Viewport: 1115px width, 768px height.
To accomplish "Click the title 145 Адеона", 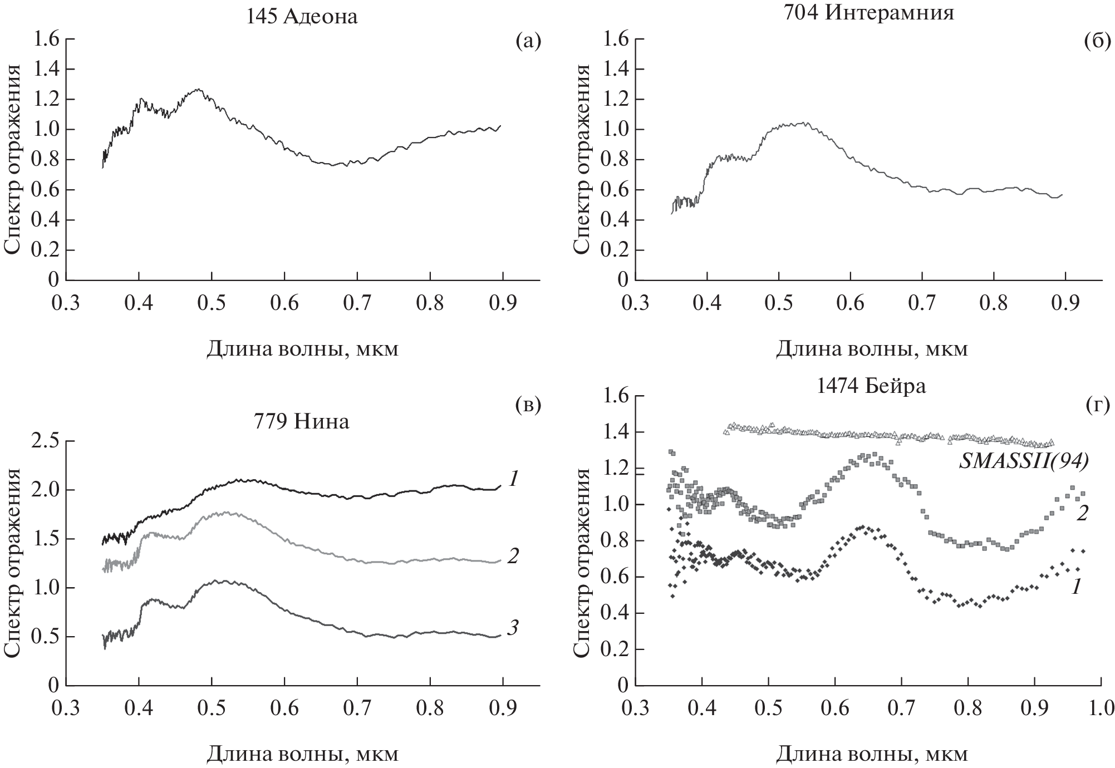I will click(x=302, y=17).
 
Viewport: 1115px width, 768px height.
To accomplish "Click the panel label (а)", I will click(x=528, y=40).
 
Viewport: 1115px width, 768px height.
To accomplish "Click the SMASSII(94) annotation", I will click(x=1023, y=462).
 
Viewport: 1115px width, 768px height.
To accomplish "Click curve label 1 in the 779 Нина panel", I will click(x=513, y=477).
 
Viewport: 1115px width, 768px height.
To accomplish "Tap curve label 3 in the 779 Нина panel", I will click(x=513, y=628).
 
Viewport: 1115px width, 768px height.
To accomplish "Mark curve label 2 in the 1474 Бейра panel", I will click(x=1081, y=513).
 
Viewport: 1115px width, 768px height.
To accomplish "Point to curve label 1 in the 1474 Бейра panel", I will click(x=1077, y=585).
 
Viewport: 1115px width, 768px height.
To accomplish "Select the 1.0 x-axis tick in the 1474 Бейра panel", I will click(x=1101, y=708).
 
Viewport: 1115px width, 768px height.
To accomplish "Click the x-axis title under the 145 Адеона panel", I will click(x=302, y=349).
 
